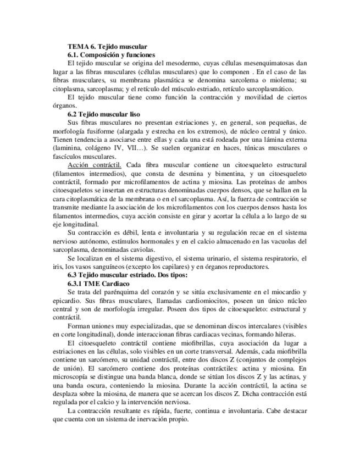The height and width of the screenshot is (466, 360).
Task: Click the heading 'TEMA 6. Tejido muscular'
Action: pos(107,47)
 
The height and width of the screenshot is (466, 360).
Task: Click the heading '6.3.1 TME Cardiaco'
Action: pos(97,284)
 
